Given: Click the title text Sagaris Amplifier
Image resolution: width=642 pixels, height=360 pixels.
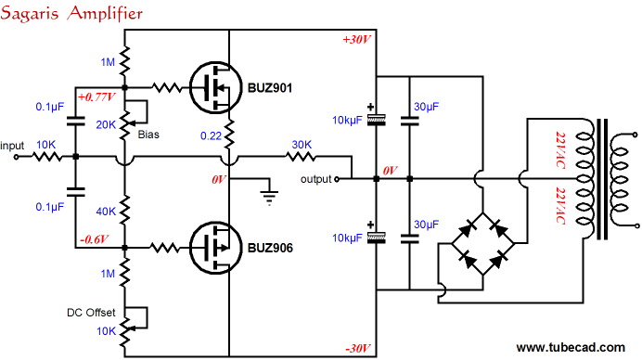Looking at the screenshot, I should click(x=73, y=13).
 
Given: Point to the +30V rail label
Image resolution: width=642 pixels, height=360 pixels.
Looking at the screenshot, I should click(x=356, y=40).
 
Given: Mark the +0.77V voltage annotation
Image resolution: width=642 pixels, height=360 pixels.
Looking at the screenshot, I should click(x=98, y=96).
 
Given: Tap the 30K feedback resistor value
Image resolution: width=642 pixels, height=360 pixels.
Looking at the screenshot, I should click(x=302, y=144).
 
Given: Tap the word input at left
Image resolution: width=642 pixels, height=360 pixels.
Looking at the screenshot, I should click(x=13, y=146).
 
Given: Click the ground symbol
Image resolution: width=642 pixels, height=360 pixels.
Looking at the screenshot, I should click(x=268, y=196).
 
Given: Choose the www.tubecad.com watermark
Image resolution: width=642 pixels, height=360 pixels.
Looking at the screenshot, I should click(x=574, y=348).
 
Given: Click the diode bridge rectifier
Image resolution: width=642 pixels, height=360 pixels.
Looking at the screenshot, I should click(x=481, y=244).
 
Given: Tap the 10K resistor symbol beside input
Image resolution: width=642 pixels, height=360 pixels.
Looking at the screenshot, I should click(x=47, y=158).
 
